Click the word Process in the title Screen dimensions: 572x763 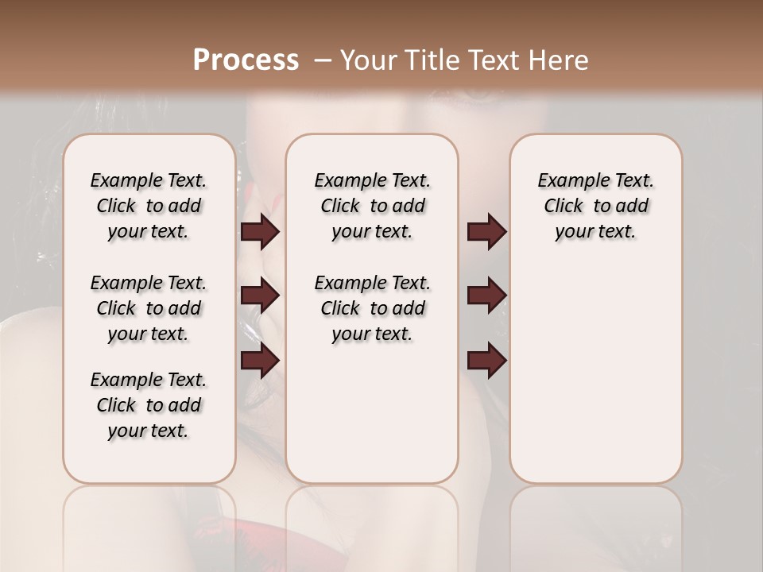click(246, 60)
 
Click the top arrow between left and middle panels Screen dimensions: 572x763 click(260, 232)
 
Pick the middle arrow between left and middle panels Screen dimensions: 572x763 click(260, 296)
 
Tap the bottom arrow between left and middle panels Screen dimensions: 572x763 click(260, 361)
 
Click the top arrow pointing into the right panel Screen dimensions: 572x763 click(486, 232)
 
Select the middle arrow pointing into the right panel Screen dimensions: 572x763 click(486, 296)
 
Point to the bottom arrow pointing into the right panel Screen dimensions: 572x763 click(486, 361)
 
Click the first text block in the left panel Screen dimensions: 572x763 click(149, 206)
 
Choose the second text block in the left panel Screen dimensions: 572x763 click(149, 308)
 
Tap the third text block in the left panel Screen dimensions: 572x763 click(149, 405)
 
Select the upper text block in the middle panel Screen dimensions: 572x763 click(372, 206)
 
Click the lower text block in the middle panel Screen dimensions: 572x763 click(372, 308)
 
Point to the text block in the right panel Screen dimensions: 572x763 click(595, 206)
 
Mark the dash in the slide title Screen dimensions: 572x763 click(322, 60)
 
